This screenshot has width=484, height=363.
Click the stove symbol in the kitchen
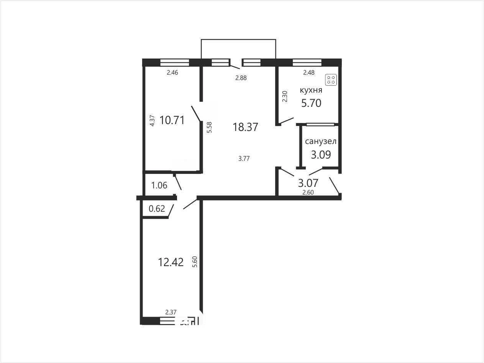point(331,80)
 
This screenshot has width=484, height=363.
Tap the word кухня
point(311,90)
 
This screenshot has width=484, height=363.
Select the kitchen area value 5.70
point(311,103)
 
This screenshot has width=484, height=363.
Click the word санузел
point(321,141)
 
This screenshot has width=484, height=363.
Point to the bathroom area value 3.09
point(321,155)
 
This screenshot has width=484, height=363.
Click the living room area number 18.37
point(245,127)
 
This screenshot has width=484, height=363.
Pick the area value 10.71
point(172,120)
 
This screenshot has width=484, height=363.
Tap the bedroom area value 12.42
point(171,262)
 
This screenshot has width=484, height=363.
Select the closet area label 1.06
point(159,185)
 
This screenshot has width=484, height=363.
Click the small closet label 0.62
point(157,208)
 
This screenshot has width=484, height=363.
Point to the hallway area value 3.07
point(308,183)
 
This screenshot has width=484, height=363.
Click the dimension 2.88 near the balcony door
point(241,78)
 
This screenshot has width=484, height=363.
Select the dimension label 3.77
point(244,159)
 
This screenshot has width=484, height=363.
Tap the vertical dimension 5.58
point(209,127)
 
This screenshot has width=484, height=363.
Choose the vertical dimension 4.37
point(152,121)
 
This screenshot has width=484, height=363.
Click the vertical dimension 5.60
point(195,262)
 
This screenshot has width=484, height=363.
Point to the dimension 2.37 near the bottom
point(171,312)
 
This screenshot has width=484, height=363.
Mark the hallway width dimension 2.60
point(308,192)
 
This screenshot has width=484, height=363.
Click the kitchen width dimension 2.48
point(309,72)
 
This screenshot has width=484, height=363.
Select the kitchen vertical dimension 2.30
point(285,96)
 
